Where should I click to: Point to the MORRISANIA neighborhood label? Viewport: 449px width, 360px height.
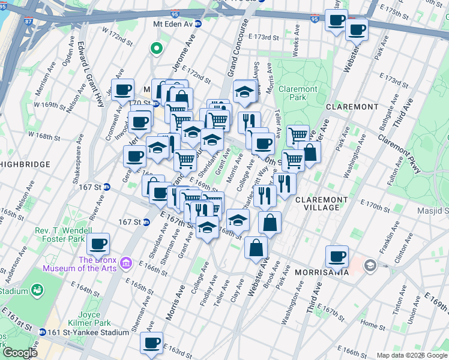322,272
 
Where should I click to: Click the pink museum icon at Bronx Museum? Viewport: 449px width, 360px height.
125,263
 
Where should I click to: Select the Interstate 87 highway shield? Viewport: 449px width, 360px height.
29,22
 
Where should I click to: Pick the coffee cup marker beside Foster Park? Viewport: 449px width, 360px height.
98,243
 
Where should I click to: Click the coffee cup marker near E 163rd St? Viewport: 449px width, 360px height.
152,343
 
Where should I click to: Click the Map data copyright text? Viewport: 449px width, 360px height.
412,355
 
